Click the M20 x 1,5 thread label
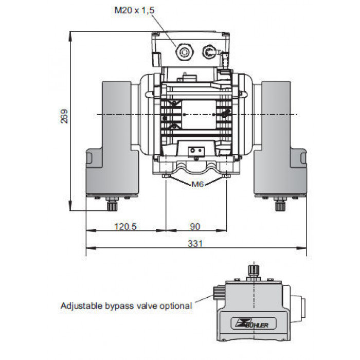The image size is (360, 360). point(134,10)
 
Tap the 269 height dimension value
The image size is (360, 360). point(64,116)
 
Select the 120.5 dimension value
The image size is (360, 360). point(125,227)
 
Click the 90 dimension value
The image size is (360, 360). point(195,227)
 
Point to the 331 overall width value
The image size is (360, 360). point(195,243)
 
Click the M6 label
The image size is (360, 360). point(197,184)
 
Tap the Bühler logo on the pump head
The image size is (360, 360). point(253,323)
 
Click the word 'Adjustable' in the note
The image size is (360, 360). point(81,306)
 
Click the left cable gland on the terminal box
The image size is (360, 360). point(184,52)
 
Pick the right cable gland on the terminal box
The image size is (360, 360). point(209,52)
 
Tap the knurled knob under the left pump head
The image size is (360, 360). point(112,206)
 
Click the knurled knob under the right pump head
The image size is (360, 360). point(280,206)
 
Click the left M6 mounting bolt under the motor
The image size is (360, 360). point(166,176)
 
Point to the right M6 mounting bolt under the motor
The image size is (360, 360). point(226,176)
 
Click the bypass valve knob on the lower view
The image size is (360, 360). point(219,292)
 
